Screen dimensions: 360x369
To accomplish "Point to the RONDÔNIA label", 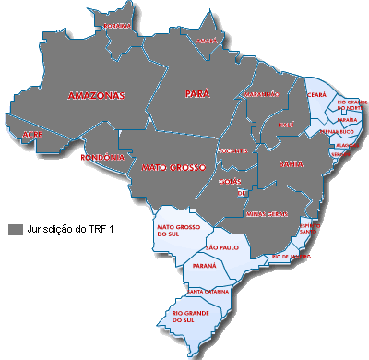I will pyautogui.click(x=97, y=157).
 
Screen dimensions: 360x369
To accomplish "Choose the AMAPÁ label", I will pyautogui.click(x=205, y=40).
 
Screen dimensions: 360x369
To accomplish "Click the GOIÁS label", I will pyautogui.click(x=231, y=182).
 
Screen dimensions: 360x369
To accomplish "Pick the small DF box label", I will pyautogui.click(x=241, y=194).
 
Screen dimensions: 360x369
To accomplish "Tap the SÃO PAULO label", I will pyautogui.click(x=222, y=248).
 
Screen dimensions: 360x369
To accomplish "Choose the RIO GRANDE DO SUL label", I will pyautogui.click(x=190, y=318).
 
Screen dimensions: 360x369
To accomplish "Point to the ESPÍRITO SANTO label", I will pyautogui.click(x=310, y=227).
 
